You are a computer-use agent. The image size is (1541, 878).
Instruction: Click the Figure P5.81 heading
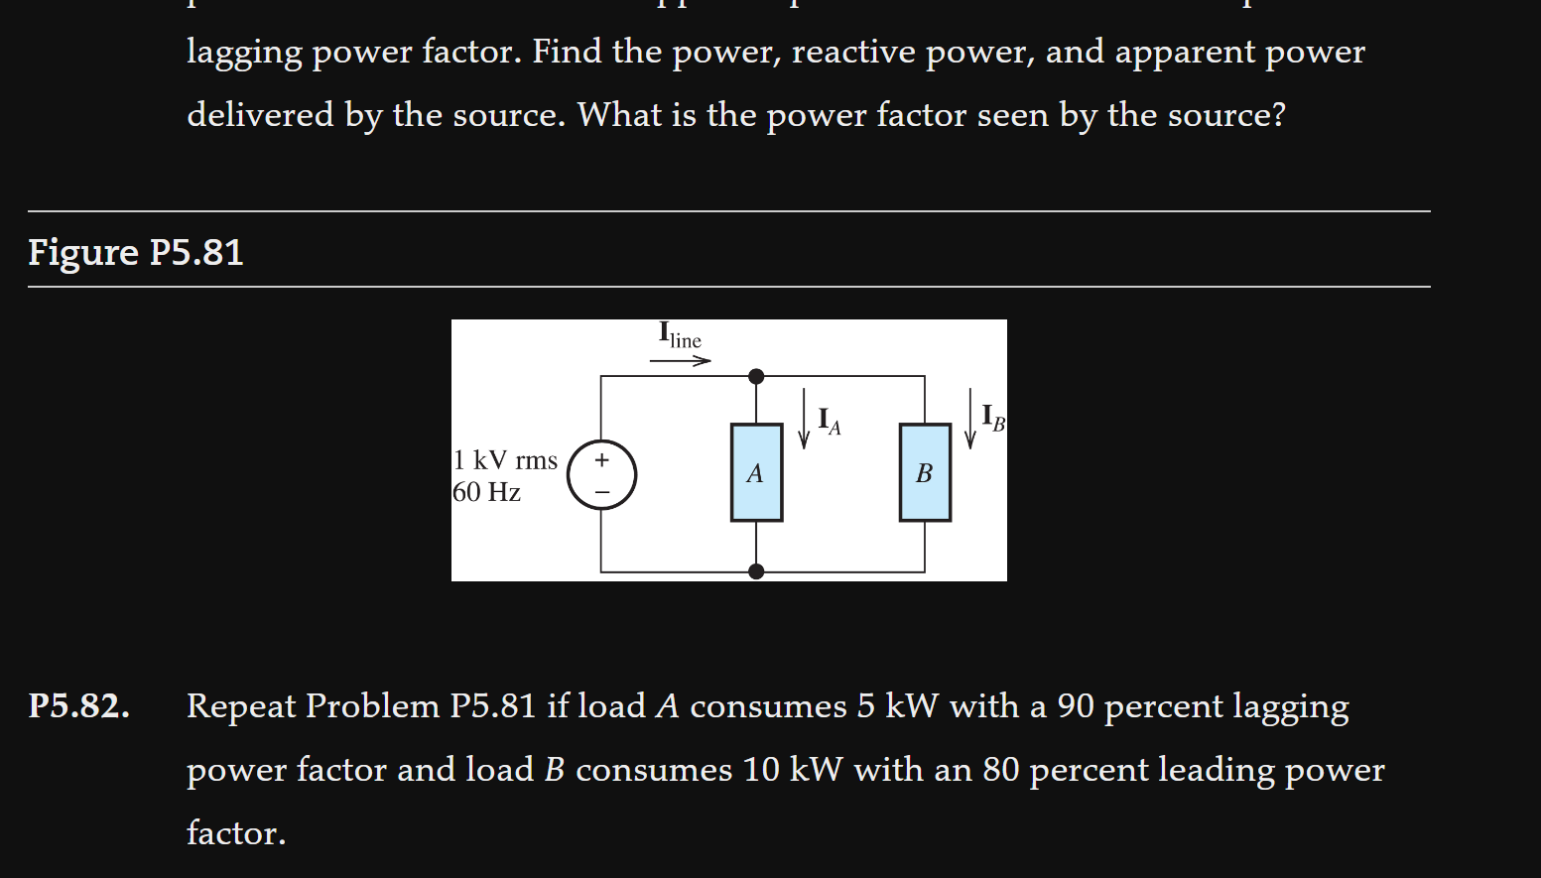[x=135, y=252]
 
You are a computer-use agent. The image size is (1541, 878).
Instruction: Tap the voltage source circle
[x=601, y=475]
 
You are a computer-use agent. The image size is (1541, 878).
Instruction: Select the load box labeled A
[x=756, y=472]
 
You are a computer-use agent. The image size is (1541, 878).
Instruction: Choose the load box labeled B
[x=925, y=472]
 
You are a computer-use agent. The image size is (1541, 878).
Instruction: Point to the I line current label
[x=680, y=335]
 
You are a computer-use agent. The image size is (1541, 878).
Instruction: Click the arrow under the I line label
[x=680, y=361]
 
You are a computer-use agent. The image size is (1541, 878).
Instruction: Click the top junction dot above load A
[x=756, y=376]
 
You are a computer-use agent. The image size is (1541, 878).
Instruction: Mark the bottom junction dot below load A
[x=756, y=571]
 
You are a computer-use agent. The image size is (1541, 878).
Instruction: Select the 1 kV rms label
[x=506, y=460]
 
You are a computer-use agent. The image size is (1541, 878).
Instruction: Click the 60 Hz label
[x=487, y=492]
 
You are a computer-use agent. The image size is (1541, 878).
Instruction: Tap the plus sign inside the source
[x=601, y=460]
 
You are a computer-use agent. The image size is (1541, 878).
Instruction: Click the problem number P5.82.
[x=78, y=706]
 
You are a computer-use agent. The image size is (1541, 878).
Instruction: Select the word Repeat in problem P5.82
[x=241, y=706]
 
